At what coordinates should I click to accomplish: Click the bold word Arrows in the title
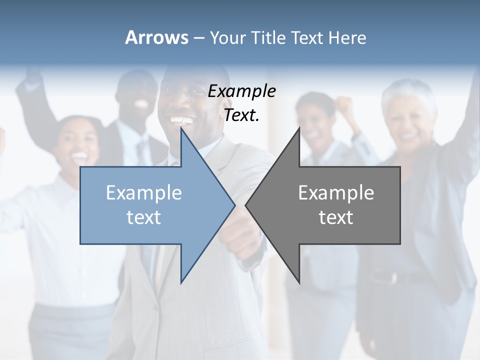tap(156, 37)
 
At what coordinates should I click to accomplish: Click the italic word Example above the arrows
tap(241, 91)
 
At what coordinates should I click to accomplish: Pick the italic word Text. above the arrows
tap(241, 115)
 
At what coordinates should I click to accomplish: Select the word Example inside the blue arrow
tap(144, 192)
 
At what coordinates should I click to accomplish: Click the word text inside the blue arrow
tap(144, 217)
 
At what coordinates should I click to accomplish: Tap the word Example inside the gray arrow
tap(336, 192)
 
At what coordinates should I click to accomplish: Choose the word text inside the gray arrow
tap(336, 217)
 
